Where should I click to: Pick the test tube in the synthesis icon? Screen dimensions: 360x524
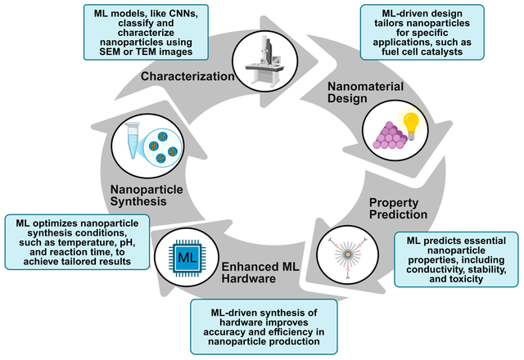134,143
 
